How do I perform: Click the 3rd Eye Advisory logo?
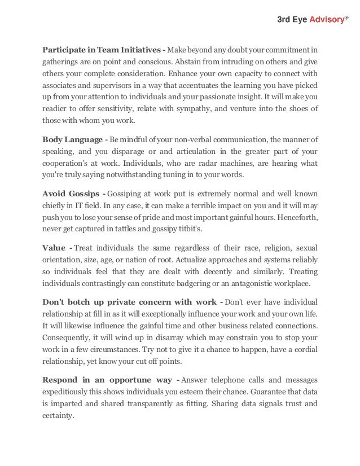pyautogui.click(x=310, y=20)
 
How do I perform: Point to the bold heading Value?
pyautogui.click(x=55, y=248)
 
